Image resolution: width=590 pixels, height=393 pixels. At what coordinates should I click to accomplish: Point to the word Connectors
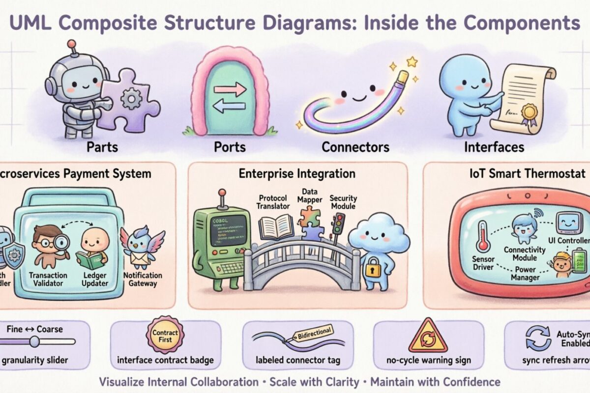coord(355,147)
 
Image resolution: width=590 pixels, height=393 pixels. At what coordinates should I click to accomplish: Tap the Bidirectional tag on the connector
coord(313,333)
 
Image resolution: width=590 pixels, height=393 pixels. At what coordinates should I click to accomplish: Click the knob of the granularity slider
coord(34,341)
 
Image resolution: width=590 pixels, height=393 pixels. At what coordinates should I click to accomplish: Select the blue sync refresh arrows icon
coord(538,338)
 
